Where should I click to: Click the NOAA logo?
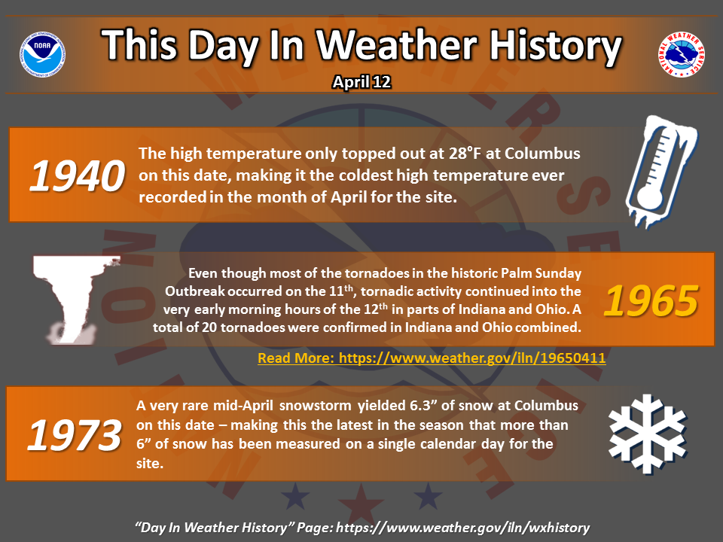tap(42, 54)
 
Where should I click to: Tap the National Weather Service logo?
tap(681, 54)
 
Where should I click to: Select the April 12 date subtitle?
tap(362, 82)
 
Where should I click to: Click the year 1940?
tap(77, 175)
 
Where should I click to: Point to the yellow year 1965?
tap(651, 300)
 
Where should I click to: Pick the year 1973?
tap(75, 435)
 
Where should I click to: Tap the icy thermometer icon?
tap(660, 172)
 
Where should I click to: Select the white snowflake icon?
tap(648, 434)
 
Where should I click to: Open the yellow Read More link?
tap(432, 358)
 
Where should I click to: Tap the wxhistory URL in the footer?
tap(463, 528)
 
